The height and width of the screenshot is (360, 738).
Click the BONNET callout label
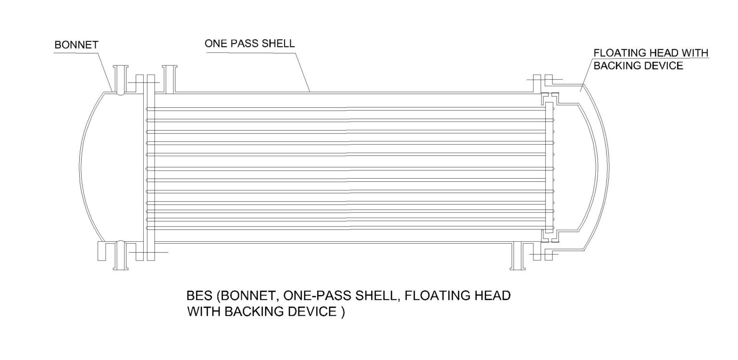pos(76,45)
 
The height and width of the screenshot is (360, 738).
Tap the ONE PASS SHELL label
pos(249,44)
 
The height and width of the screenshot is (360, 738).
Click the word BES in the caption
pos(199,296)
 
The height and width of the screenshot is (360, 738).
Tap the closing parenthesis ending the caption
pos(343,312)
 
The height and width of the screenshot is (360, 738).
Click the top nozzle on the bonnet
pos(120,79)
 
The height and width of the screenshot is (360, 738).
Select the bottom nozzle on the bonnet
pos(120,256)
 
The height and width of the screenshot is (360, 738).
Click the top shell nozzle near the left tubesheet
pos(169,79)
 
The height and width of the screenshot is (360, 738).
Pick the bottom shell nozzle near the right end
pos(518,256)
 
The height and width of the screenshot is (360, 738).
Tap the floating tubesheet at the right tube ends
pos(549,168)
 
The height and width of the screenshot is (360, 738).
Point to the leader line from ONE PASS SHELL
pos(302,71)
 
